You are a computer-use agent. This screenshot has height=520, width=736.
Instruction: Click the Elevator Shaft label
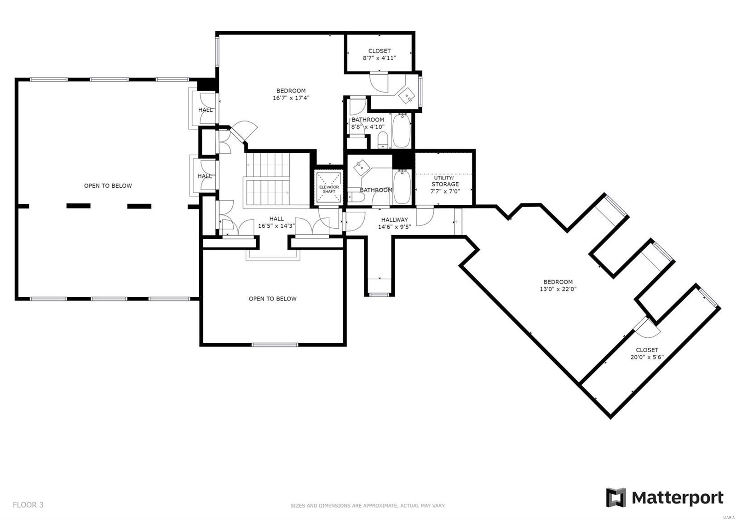coord(329,189)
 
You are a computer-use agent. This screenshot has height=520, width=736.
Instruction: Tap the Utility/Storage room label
coord(445,181)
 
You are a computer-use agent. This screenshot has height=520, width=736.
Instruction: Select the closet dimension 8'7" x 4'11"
coord(379,58)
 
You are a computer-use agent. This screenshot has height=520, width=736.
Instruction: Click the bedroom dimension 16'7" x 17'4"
coord(291,98)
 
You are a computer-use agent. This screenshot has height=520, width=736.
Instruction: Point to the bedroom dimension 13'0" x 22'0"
coord(558,289)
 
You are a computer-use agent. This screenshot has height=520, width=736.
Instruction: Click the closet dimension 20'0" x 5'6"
coord(647,357)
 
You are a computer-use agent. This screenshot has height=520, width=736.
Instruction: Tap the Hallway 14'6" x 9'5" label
coord(394,223)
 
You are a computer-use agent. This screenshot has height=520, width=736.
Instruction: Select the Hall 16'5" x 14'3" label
coord(276,222)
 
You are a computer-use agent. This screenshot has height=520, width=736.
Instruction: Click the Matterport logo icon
coord(616,498)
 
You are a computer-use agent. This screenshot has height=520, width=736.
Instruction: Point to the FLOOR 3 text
coord(28,505)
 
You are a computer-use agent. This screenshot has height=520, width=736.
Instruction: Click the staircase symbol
coord(267,180)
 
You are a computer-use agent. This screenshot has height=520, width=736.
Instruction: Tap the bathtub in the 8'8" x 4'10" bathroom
coord(401,131)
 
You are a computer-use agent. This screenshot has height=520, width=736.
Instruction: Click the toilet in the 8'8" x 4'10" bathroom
coord(383,139)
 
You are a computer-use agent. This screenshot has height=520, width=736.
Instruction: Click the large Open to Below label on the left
coord(108,186)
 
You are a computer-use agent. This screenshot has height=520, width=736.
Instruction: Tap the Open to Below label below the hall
coord(272,299)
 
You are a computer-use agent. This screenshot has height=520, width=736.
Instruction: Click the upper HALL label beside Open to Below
coord(205,110)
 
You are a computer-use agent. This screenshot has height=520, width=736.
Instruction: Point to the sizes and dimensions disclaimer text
coord(368,506)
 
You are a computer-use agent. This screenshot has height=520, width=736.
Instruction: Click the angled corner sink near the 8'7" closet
coord(408,95)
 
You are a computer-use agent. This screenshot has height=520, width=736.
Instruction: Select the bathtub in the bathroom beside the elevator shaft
coord(402,186)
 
